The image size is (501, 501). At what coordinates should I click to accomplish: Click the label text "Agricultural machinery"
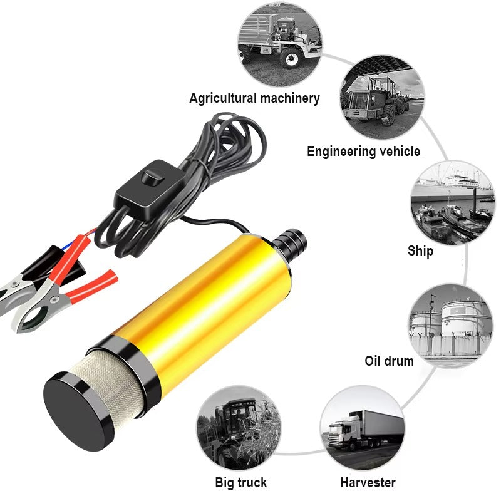[x=254, y=98]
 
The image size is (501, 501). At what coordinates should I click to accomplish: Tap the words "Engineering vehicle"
[x=363, y=152]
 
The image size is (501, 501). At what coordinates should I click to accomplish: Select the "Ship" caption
[x=420, y=251]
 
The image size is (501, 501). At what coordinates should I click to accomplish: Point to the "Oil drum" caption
[x=389, y=361]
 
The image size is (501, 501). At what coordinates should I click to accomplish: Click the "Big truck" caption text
[x=241, y=482]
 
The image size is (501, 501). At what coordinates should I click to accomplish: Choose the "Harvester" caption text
[x=368, y=482]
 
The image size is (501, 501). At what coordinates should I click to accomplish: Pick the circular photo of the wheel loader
[x=382, y=97]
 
